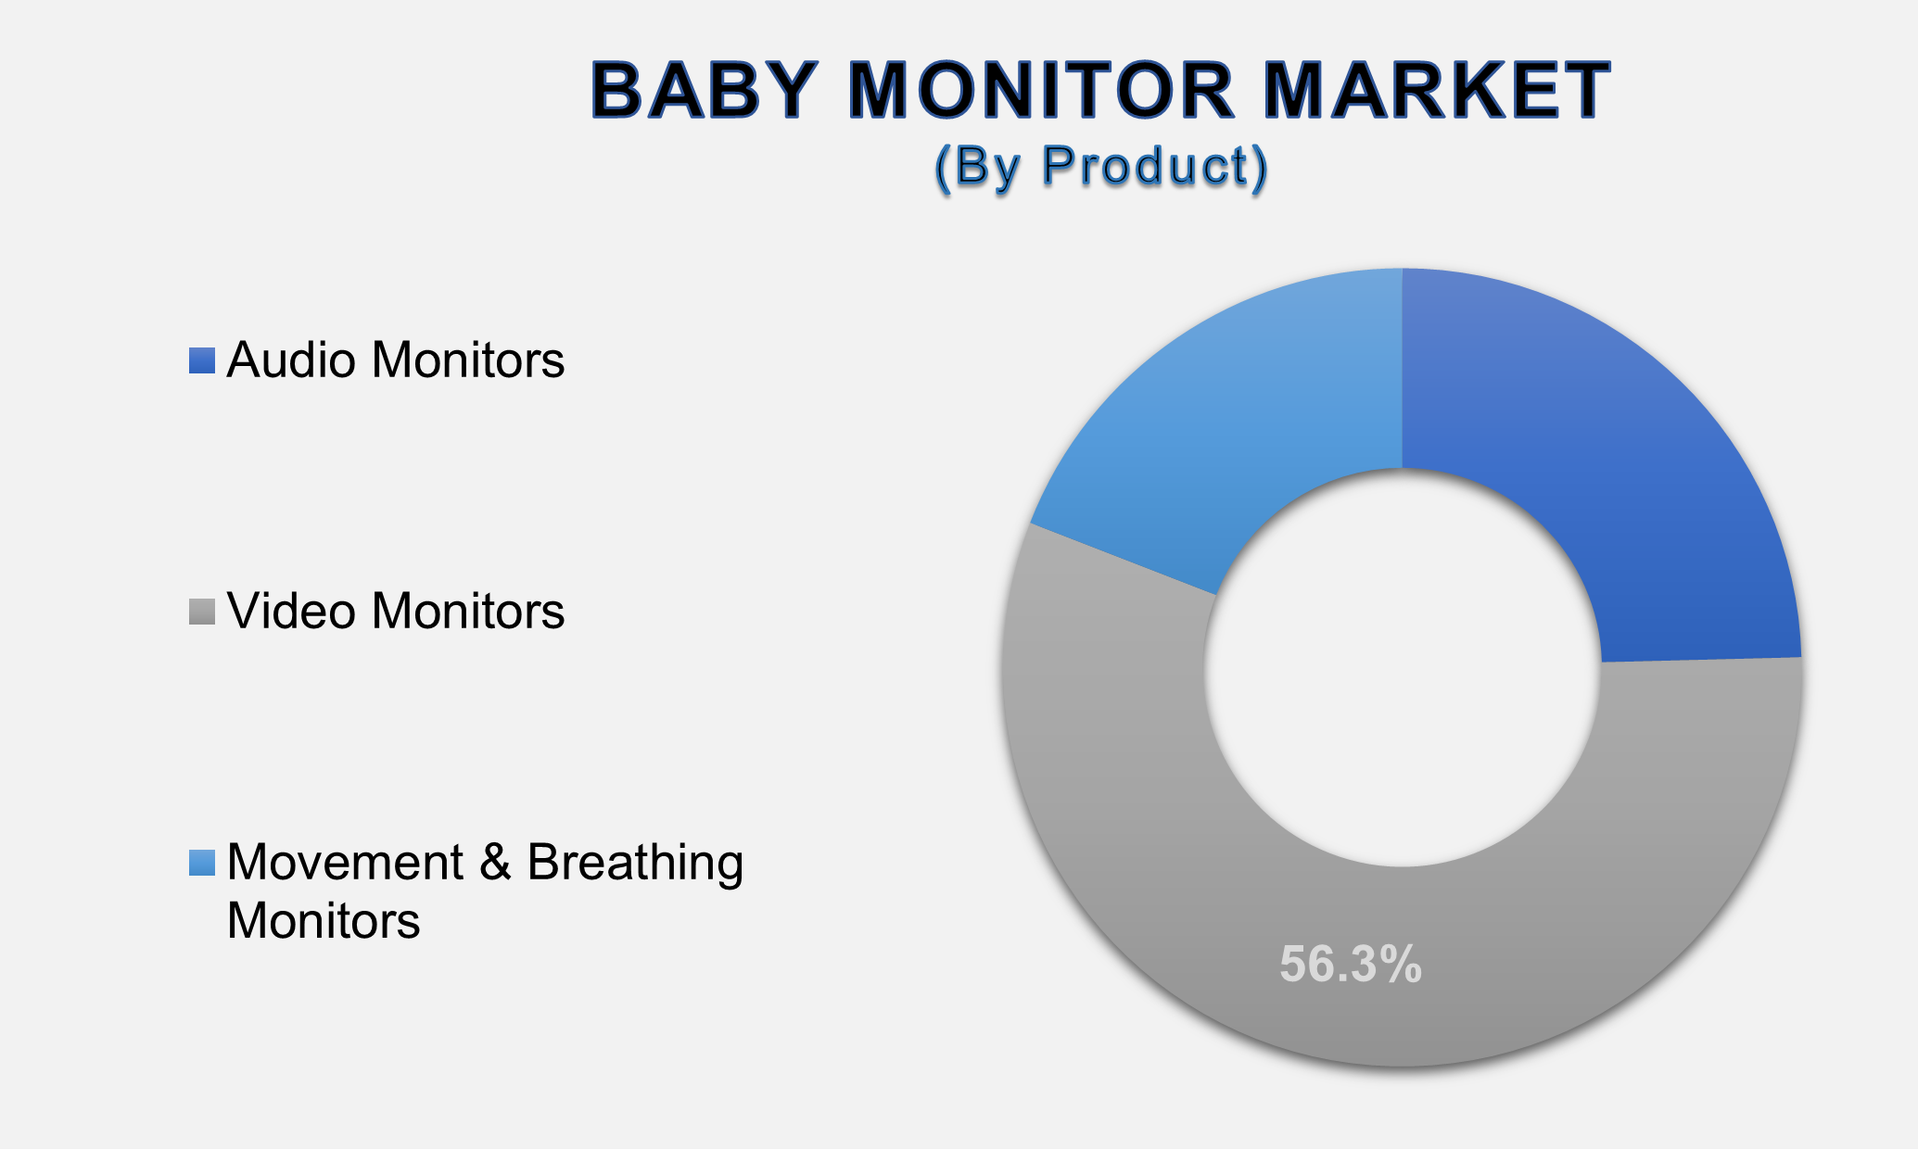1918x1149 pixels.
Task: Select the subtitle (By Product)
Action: pos(1101,168)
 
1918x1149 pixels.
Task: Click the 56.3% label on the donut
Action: pos(1351,965)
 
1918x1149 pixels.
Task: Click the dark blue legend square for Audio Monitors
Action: pos(202,360)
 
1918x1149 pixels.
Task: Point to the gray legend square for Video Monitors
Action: pos(202,612)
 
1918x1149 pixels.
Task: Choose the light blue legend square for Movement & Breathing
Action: pos(202,863)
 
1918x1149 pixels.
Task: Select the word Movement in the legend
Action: pos(346,863)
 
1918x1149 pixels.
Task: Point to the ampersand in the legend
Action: pos(497,863)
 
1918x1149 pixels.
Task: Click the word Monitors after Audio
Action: pos(468,360)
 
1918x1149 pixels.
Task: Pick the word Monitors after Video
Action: pos(468,612)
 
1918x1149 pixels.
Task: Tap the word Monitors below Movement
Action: pos(324,921)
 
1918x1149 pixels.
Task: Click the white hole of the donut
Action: pos(1403,668)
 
